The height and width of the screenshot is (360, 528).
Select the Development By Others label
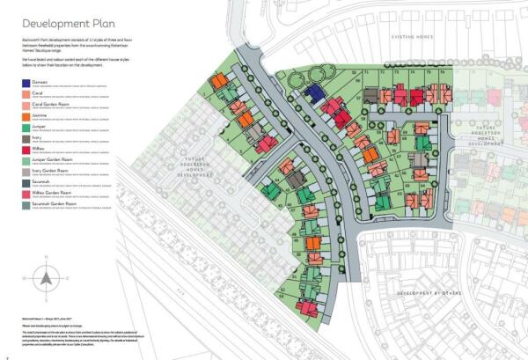click(427, 291)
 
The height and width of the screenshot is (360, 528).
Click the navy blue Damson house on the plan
click(313, 94)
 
